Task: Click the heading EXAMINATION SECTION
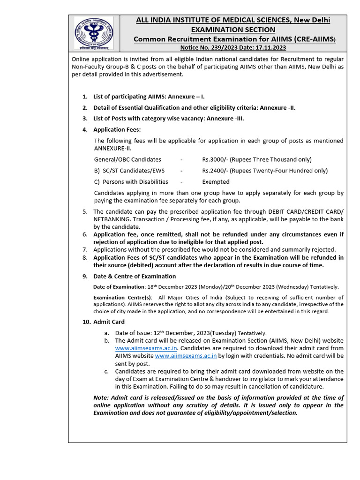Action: point(232,29)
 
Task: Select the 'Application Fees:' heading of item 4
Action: point(117,129)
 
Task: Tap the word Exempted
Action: point(216,182)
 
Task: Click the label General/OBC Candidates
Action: point(127,159)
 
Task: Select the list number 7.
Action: point(85,250)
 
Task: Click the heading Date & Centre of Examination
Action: point(135,276)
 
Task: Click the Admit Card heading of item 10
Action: point(109,322)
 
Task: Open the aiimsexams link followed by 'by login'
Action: point(186,356)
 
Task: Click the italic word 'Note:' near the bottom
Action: point(102,397)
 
